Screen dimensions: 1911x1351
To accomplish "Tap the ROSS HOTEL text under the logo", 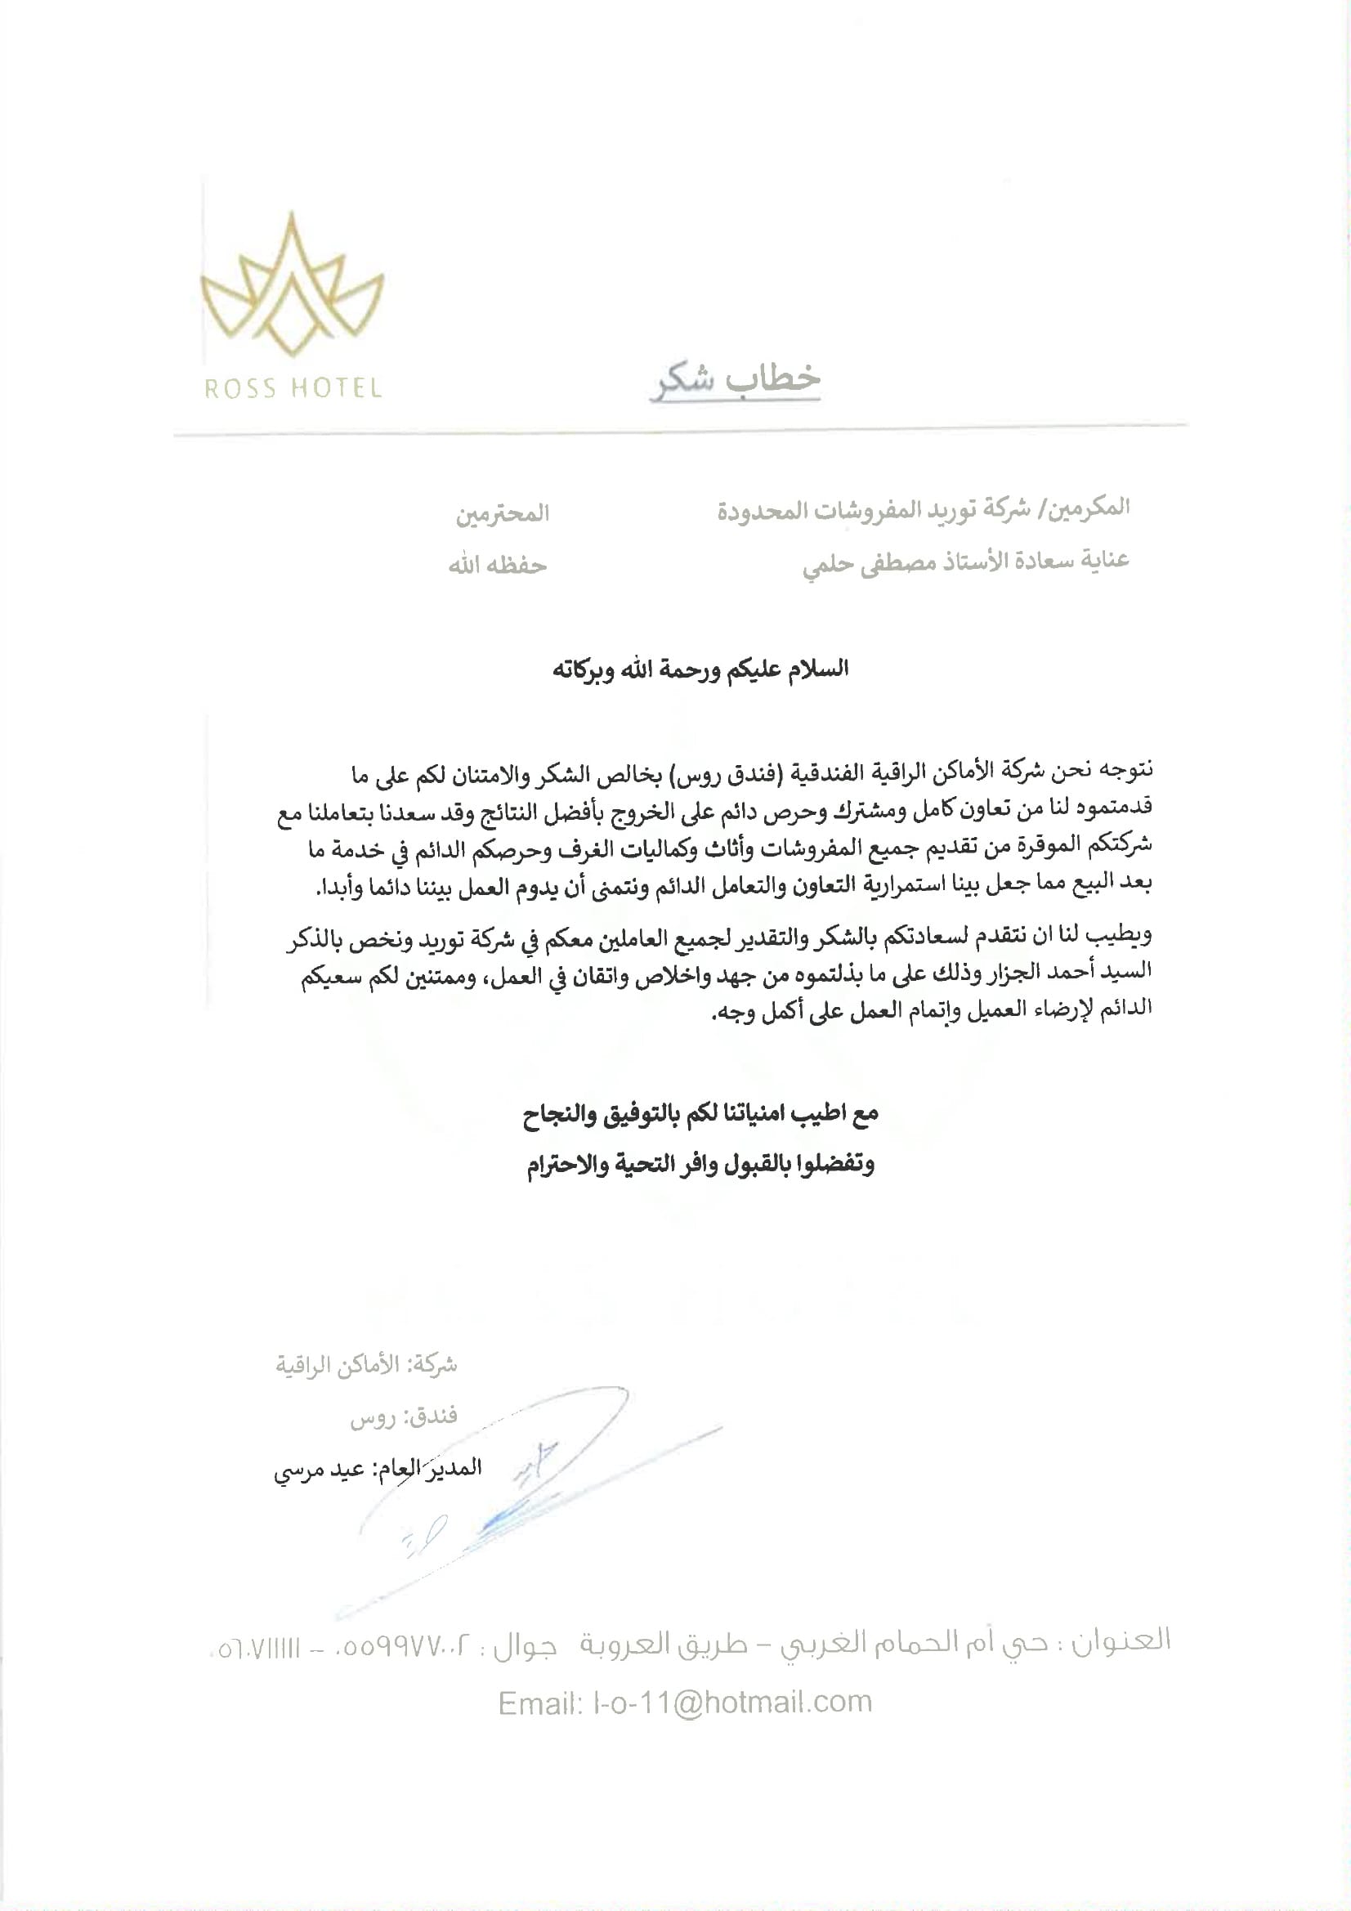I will (292, 389).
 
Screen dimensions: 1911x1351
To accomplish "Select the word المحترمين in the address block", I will (502, 513).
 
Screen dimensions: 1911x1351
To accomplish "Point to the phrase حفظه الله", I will (498, 566).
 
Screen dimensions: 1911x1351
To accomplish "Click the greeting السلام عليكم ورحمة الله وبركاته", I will (701, 669).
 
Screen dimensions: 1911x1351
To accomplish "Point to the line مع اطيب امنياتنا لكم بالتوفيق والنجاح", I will (701, 1113).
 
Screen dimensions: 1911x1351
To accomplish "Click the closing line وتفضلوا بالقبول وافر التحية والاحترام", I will (701, 1165).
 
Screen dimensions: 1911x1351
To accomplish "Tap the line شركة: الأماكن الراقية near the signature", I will (366, 1365).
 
